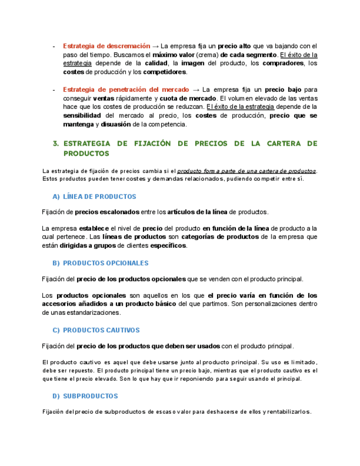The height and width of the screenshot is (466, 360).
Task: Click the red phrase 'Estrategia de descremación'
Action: (106, 46)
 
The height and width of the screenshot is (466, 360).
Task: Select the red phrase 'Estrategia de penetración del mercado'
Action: (126, 89)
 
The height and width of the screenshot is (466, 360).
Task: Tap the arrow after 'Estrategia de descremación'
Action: (155, 46)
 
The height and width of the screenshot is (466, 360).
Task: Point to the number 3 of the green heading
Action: (56, 143)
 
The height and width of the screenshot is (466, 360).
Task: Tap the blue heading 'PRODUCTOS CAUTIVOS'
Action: (101, 330)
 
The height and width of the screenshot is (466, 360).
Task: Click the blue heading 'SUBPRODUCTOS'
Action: (90, 396)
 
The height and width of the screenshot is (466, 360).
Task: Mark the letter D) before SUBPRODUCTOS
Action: (56, 396)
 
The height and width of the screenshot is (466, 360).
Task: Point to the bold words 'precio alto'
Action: (234, 46)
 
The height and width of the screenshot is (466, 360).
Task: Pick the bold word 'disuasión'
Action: (117, 124)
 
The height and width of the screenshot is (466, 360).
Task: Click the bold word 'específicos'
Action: (168, 246)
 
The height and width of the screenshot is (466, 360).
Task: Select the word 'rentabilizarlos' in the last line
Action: (289, 412)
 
